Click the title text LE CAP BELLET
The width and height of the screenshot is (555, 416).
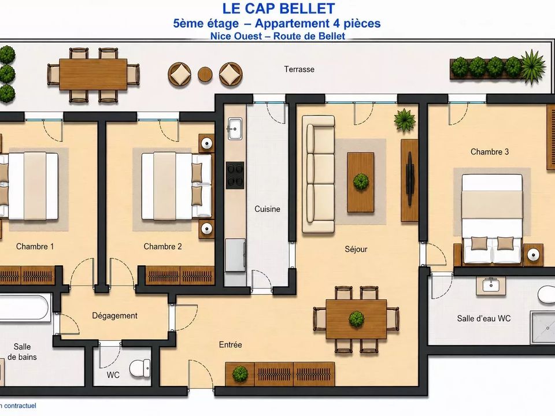[279, 9]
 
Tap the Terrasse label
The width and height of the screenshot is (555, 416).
[299, 69]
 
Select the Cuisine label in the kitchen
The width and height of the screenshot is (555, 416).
[267, 209]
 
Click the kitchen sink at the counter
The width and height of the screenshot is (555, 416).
[235, 128]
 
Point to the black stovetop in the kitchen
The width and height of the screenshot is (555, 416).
[235, 175]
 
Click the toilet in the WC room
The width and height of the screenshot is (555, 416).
[140, 368]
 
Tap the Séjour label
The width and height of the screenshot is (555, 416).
[356, 249]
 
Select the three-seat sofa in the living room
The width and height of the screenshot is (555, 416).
[318, 174]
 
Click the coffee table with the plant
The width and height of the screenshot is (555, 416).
[361, 182]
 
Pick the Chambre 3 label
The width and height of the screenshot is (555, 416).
[490, 152]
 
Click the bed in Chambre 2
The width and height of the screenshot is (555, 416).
[176, 186]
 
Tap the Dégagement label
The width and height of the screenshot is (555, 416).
[114, 315]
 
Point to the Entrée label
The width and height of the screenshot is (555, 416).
[231, 344]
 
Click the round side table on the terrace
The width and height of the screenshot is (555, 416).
[205, 75]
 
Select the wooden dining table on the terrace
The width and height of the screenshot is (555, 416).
[94, 75]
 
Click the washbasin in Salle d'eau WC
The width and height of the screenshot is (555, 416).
[491, 285]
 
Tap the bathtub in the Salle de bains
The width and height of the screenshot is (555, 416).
[24, 309]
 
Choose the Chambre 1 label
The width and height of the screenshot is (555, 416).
[35, 247]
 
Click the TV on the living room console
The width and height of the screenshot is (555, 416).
[410, 179]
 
